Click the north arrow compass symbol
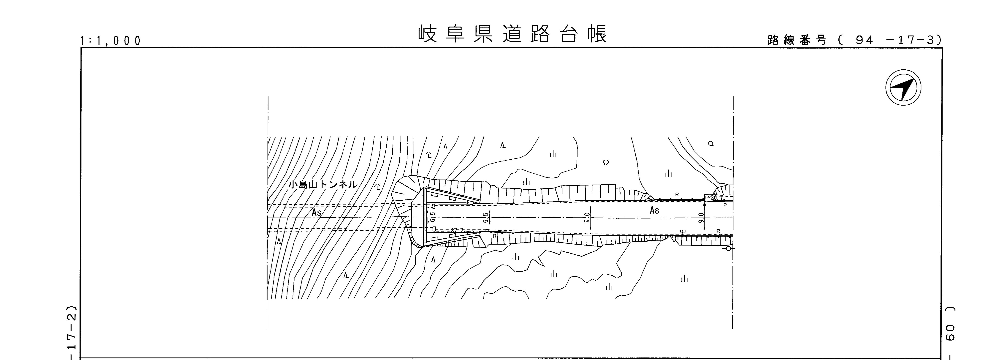903,87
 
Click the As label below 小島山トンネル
316,213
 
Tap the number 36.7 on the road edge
718,198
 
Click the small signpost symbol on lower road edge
683,232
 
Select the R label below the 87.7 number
494,236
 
